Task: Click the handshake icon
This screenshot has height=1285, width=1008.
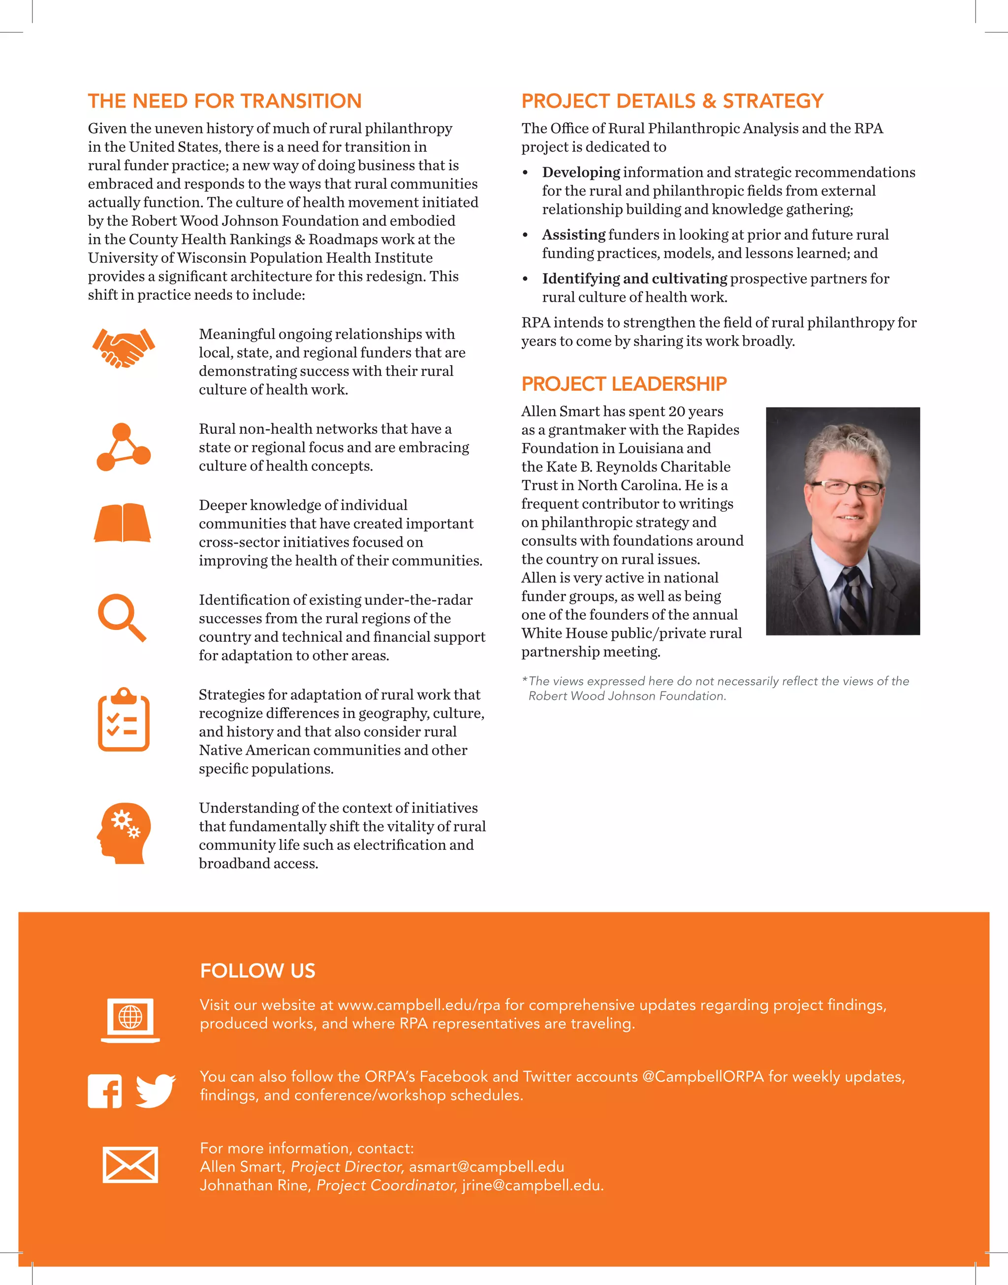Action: (x=124, y=348)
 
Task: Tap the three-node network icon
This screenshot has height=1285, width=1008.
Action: (x=124, y=447)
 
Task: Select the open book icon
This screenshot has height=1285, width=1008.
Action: (x=123, y=523)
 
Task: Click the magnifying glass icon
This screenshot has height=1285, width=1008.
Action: (x=122, y=617)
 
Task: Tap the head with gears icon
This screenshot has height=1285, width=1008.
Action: (x=124, y=833)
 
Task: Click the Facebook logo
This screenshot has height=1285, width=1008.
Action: (x=105, y=1091)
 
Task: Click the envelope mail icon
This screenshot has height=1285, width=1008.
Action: (x=130, y=1164)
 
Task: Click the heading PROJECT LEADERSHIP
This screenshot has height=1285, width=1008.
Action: (x=624, y=384)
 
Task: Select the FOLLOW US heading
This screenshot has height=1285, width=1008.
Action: (x=257, y=971)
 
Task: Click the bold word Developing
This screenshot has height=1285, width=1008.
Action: (x=581, y=172)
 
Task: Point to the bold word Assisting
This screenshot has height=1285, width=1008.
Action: (x=573, y=235)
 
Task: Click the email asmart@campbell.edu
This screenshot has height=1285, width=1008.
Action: (x=486, y=1166)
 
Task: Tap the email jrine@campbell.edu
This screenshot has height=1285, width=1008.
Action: (x=533, y=1185)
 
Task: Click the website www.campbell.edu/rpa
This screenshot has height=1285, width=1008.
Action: (x=419, y=1005)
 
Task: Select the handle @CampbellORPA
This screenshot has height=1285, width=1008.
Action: (x=702, y=1076)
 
